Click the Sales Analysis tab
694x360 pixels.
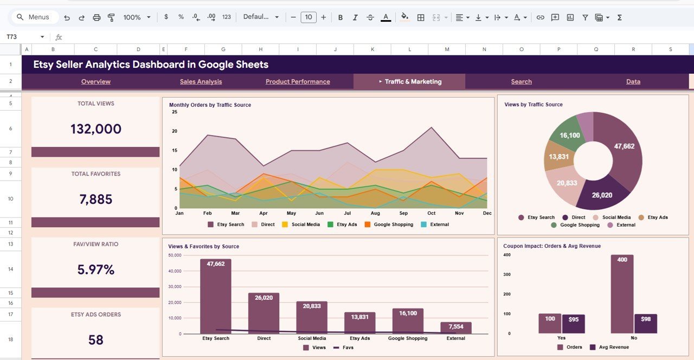pyautogui.click(x=201, y=82)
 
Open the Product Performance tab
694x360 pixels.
pyautogui.click(x=298, y=82)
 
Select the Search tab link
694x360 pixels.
pyautogui.click(x=521, y=82)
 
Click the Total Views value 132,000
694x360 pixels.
pyautogui.click(x=95, y=129)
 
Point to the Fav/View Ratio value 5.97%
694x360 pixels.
pyautogui.click(x=95, y=269)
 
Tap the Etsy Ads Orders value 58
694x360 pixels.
pyautogui.click(x=95, y=340)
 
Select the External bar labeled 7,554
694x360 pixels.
pyautogui.click(x=455, y=328)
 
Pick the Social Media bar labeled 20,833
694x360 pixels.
pyautogui.click(x=312, y=317)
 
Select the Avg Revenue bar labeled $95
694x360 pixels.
pyautogui.click(x=573, y=324)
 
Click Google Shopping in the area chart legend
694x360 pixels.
pyautogui.click(x=393, y=224)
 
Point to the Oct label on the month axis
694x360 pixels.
pyautogui.click(x=431, y=213)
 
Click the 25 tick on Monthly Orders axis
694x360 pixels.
pyautogui.click(x=175, y=112)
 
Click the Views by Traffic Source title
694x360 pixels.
pyautogui.click(x=533, y=105)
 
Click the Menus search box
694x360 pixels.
pyautogui.click(x=34, y=17)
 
